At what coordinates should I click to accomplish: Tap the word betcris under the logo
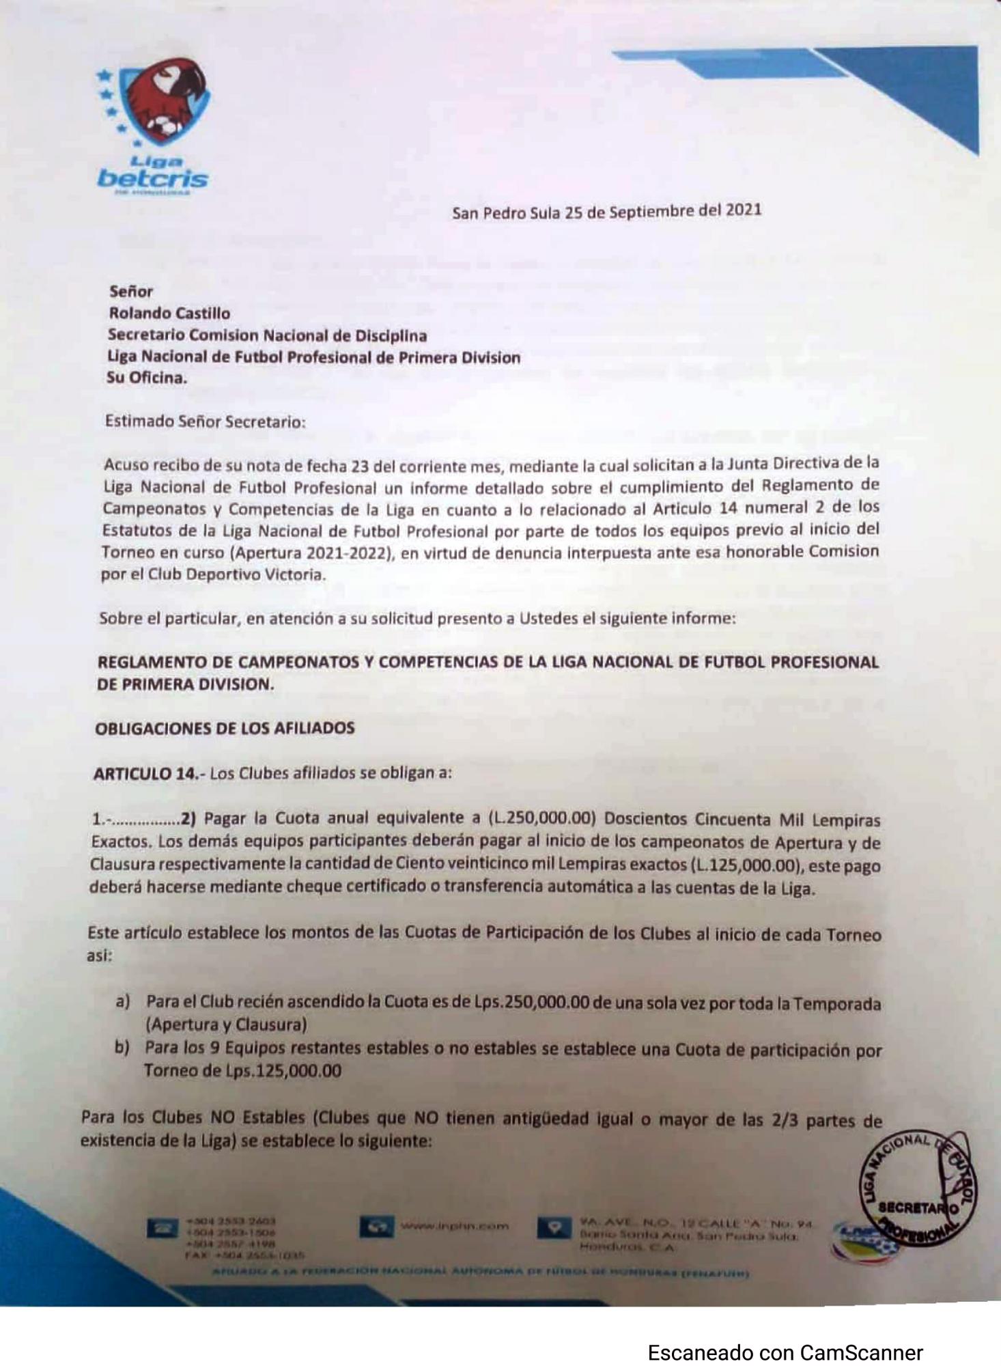pyautogui.click(x=152, y=179)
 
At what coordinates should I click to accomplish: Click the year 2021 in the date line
pyautogui.click(x=743, y=210)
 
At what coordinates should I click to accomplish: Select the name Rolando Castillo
pyautogui.click(x=169, y=313)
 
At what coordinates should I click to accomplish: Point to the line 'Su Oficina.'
pyautogui.click(x=146, y=378)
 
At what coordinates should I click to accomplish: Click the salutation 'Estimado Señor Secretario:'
pyautogui.click(x=205, y=421)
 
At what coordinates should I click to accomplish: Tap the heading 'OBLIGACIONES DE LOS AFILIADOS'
pyautogui.click(x=225, y=728)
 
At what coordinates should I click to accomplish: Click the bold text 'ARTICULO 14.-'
pyautogui.click(x=149, y=773)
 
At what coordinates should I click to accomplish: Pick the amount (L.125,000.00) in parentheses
pyautogui.click(x=744, y=865)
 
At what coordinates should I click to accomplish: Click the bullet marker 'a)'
pyautogui.click(x=123, y=1002)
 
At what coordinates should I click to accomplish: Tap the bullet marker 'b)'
pyautogui.click(x=122, y=1048)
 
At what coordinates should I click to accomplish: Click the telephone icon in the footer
pyautogui.click(x=162, y=1227)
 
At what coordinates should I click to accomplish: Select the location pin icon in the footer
pyautogui.click(x=554, y=1227)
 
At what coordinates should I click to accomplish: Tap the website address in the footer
pyautogui.click(x=454, y=1226)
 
